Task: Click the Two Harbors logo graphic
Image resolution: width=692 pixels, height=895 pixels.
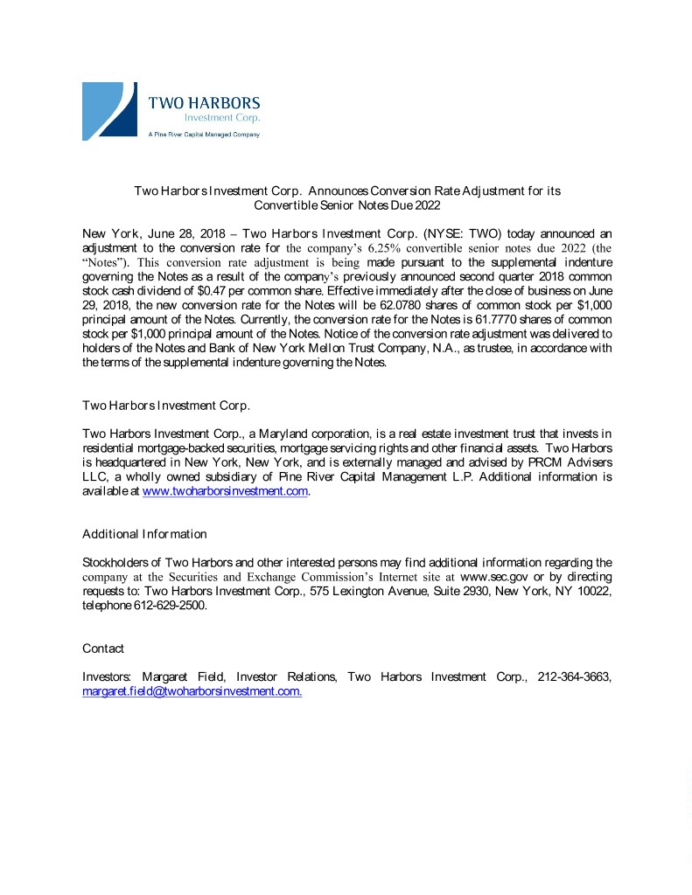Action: [109, 110]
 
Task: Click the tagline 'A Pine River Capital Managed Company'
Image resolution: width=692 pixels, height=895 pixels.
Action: [203, 135]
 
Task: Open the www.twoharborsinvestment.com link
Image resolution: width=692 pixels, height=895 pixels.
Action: [225, 491]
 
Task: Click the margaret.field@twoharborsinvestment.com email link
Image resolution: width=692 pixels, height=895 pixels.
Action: [192, 691]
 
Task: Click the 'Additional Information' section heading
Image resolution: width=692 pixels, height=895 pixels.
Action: [144, 533]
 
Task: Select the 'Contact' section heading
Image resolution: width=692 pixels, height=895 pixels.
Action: [103, 649]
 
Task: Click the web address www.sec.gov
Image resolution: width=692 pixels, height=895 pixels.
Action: [493, 577]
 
